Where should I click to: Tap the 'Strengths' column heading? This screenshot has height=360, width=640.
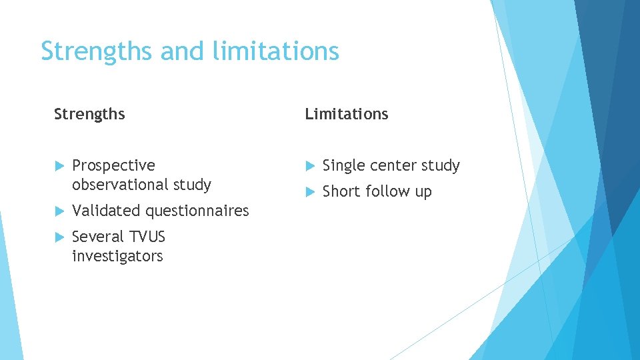(89, 114)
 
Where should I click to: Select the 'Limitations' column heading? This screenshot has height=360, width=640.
(347, 114)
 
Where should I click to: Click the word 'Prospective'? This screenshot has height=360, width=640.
(113, 165)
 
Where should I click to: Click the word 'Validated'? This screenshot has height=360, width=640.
(107, 211)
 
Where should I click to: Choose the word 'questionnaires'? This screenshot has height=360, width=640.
(197, 211)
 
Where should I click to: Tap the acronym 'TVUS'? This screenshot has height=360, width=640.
(148, 237)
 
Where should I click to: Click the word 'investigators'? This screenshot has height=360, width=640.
(117, 256)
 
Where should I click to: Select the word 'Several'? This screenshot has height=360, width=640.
(98, 237)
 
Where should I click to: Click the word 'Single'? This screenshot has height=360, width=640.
(343, 165)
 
